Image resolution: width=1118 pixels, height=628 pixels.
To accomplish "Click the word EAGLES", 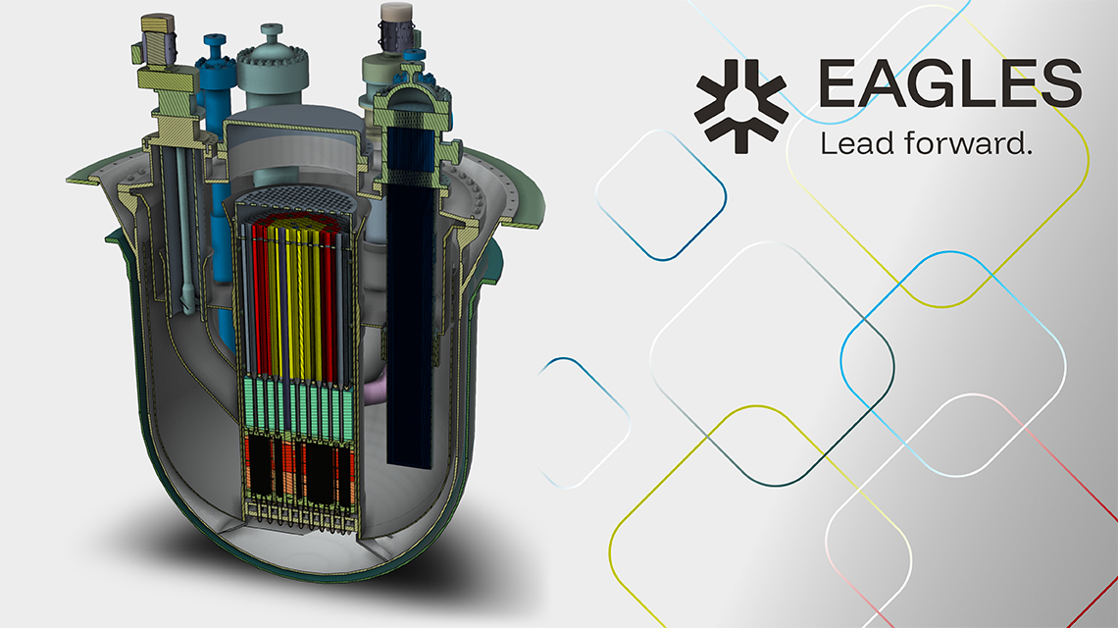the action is (x=950, y=83).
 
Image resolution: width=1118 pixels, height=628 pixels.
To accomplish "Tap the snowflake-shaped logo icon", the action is (x=741, y=106).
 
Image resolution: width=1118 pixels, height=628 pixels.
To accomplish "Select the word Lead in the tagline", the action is (x=856, y=143).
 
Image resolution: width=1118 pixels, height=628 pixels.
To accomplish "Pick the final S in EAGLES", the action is (x=1060, y=83).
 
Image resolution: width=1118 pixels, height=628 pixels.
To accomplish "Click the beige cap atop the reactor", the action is (x=396, y=12).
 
